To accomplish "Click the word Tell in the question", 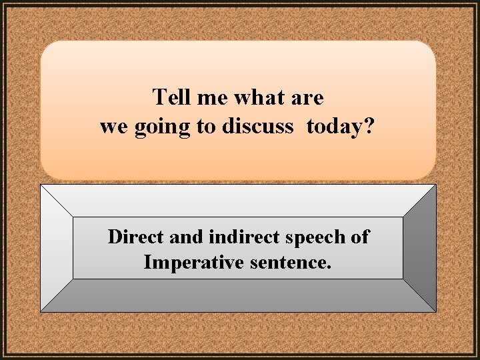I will pos(173,98).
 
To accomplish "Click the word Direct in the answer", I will pos(137,237).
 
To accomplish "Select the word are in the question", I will pos(307,98).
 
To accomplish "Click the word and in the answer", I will pos(185,237).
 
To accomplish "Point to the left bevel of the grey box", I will pos(57,248).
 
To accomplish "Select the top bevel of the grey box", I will pos(238,200).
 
